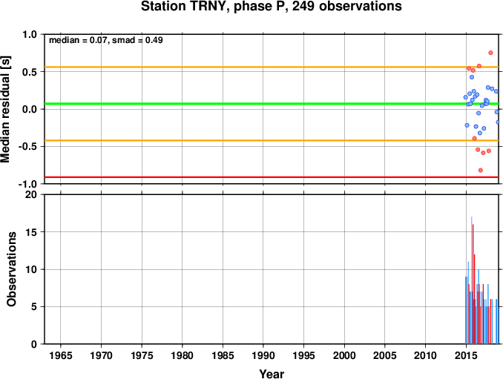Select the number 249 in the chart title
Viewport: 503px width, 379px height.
click(x=303, y=7)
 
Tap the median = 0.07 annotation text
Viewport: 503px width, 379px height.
click(x=77, y=40)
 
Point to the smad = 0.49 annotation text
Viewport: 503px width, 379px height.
click(x=137, y=40)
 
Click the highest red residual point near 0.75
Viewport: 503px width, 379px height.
click(x=490, y=53)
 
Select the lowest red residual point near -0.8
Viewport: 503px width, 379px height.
click(x=481, y=171)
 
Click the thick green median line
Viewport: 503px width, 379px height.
click(x=272, y=104)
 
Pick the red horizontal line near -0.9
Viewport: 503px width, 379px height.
click(x=272, y=177)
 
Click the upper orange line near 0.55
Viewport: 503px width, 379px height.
click(x=272, y=67)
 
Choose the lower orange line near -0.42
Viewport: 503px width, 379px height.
click(x=272, y=140)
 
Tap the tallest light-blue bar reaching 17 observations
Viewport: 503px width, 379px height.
click(x=472, y=280)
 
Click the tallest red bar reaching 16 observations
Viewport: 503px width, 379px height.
click(x=473, y=284)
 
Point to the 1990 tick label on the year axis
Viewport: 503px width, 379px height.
click(x=263, y=355)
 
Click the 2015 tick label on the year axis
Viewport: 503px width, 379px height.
click(x=466, y=355)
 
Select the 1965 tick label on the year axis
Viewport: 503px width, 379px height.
click(x=61, y=355)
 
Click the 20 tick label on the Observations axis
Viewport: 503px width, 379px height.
click(x=31, y=194)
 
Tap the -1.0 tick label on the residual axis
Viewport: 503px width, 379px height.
click(x=27, y=185)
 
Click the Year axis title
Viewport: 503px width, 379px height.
click(x=272, y=374)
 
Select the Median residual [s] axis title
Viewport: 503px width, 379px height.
click(x=5, y=109)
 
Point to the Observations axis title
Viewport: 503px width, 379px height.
click(x=12, y=269)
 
